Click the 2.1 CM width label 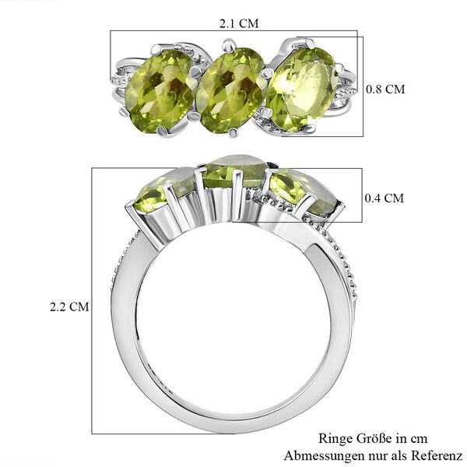click(238, 23)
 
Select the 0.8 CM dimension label click(385, 90)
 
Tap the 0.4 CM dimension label click(384, 198)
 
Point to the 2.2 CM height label click(70, 307)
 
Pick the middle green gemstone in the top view click(230, 87)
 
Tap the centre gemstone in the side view click(233, 173)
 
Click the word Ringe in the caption click(336, 439)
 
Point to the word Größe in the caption click(377, 439)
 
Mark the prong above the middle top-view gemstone click(228, 46)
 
